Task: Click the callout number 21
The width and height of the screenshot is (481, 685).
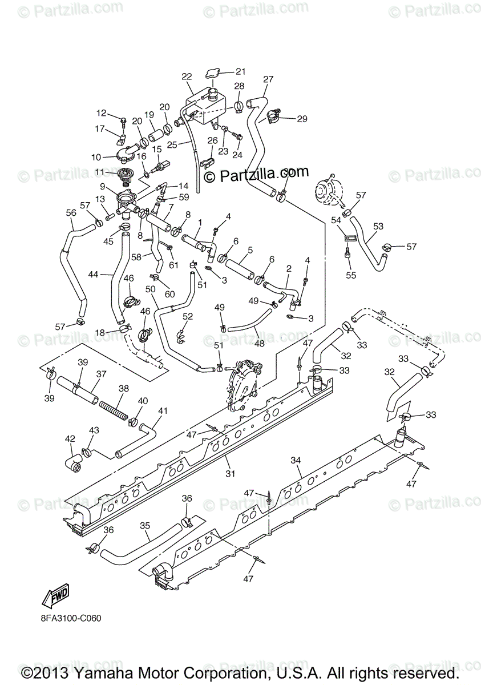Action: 240,71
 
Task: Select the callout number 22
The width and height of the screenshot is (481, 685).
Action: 187,76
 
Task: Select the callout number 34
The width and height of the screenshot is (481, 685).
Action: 296,460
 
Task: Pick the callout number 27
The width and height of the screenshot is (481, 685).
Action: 268,79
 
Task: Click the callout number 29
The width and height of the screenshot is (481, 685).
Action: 302,119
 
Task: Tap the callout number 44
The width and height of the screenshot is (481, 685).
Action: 94,275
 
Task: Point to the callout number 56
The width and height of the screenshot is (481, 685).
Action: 71,212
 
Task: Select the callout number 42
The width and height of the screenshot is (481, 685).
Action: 70,439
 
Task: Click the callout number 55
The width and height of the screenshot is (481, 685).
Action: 351,275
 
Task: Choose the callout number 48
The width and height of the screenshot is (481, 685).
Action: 260,344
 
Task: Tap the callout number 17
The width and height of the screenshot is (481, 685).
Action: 99,128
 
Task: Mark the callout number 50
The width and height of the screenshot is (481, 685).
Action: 150,289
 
